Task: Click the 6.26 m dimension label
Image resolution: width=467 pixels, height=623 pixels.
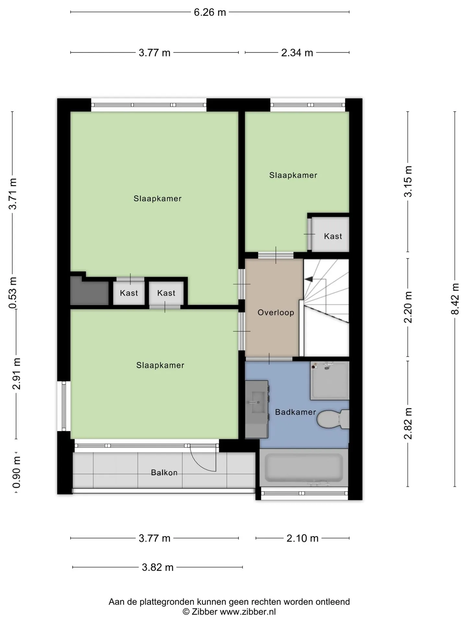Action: click(x=210, y=12)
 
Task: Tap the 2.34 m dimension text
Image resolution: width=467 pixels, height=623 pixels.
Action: click(x=297, y=53)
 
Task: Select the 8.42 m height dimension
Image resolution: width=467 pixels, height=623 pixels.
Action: click(x=455, y=299)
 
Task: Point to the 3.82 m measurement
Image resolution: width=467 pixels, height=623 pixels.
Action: click(x=158, y=567)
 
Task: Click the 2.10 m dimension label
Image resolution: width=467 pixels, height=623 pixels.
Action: click(x=303, y=538)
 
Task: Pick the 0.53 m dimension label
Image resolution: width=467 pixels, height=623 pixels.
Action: click(x=13, y=293)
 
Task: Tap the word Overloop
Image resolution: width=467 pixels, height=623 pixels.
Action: click(x=276, y=312)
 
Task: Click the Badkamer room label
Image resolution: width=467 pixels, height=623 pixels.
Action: click(x=295, y=412)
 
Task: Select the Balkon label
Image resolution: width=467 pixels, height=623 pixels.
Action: click(x=164, y=472)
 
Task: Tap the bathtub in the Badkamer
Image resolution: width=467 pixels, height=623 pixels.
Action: click(x=304, y=468)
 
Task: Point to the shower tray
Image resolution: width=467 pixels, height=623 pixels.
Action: click(x=330, y=380)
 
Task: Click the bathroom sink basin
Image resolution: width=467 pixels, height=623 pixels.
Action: click(x=258, y=402)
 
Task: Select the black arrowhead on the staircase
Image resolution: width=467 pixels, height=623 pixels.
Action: click(x=308, y=279)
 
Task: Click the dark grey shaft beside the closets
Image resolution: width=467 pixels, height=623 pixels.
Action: click(x=89, y=291)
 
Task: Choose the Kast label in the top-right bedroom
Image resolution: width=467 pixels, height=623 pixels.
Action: click(x=333, y=236)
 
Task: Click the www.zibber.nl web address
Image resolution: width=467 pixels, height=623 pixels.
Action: click(x=248, y=612)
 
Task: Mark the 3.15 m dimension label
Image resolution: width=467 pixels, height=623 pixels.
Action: click(x=408, y=181)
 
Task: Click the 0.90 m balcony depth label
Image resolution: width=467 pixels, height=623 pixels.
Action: click(x=17, y=472)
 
